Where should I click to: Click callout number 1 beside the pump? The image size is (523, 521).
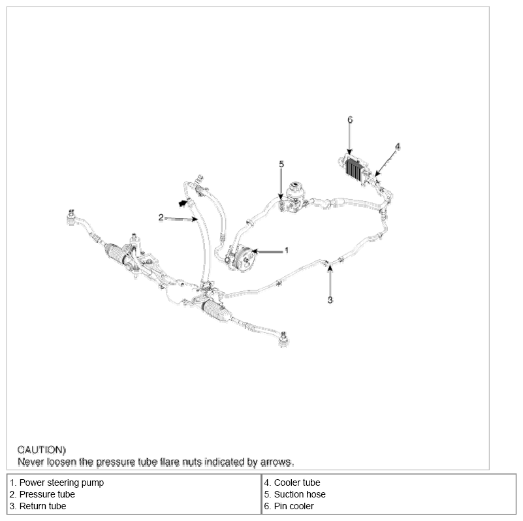286,251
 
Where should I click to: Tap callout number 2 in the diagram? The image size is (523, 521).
161,218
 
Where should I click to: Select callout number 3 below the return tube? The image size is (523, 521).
330,300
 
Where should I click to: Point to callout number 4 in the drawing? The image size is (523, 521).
397,146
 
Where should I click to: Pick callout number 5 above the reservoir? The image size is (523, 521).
281,164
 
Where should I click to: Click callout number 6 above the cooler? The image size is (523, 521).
350,119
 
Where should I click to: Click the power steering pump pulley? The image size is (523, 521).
247,258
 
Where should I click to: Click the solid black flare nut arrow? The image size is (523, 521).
182,203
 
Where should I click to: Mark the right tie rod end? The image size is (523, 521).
283,339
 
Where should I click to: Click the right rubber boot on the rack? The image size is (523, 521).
216,310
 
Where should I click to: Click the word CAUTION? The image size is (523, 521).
41,450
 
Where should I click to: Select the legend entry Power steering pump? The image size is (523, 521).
61,482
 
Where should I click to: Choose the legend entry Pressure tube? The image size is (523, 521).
47,494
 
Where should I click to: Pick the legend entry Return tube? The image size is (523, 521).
42,506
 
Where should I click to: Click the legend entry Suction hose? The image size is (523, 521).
300,494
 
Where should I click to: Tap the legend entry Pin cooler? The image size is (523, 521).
294,506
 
